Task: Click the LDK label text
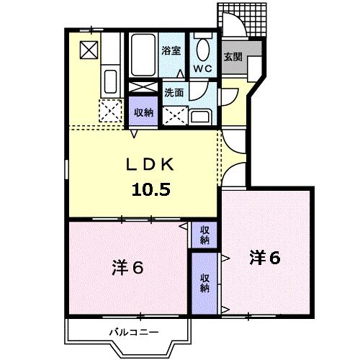(x=151, y=165)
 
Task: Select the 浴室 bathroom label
(x=170, y=51)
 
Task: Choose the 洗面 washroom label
(x=174, y=92)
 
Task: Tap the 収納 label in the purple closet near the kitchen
(x=144, y=112)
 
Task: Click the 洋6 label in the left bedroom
(x=127, y=267)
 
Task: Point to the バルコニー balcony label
(x=133, y=333)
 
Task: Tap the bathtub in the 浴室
(x=144, y=54)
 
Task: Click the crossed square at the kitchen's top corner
(x=89, y=50)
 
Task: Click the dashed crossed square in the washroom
(x=175, y=114)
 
